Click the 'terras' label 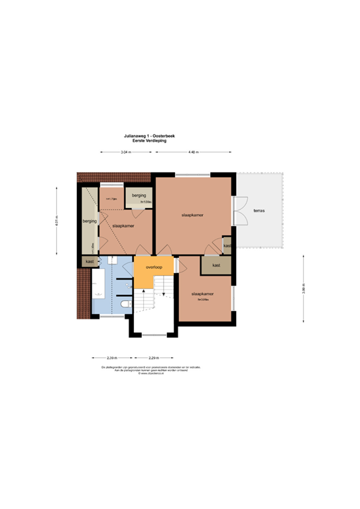coord(259,211)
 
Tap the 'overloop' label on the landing coord(154,268)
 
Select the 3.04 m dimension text coord(126,153)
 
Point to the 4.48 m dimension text coord(194,153)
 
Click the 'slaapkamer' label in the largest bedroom coord(192,216)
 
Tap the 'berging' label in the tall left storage coord(90,221)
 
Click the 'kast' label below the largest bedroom coord(216,265)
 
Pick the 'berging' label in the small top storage coord(139,196)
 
